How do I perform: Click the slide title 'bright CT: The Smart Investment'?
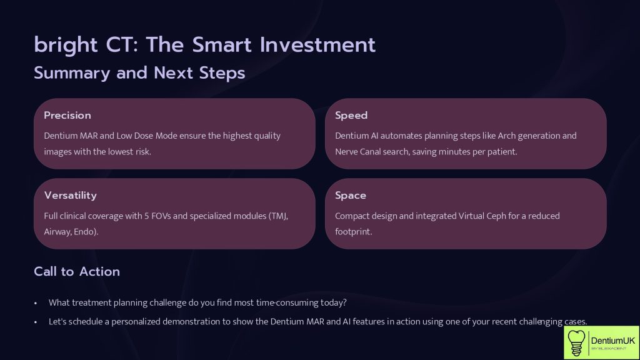click(x=204, y=45)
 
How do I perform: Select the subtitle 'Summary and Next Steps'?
click(x=139, y=73)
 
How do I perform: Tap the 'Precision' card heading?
click(x=67, y=116)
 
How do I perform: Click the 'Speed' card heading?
click(x=351, y=116)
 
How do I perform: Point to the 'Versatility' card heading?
click(x=70, y=196)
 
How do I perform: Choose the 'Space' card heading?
click(x=350, y=196)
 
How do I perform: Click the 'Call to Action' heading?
click(x=77, y=271)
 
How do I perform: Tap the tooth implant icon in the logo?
click(x=576, y=343)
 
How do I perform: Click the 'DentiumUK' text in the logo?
click(x=612, y=341)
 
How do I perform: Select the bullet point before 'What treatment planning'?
click(x=36, y=303)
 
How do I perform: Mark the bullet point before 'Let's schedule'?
click(x=36, y=322)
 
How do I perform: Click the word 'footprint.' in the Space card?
click(x=354, y=232)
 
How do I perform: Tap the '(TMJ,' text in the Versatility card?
click(x=278, y=216)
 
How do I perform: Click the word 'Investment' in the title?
click(x=317, y=45)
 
